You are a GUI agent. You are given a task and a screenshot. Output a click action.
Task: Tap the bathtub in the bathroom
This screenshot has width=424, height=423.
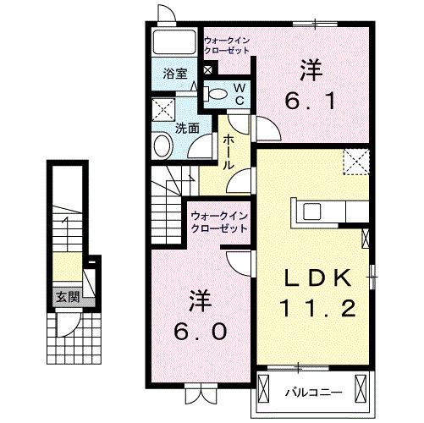[x=174, y=45]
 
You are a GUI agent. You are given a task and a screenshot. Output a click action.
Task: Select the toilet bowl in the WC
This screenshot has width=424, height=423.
[x=216, y=95]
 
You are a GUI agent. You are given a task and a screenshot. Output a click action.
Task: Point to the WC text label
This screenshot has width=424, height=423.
[x=239, y=93]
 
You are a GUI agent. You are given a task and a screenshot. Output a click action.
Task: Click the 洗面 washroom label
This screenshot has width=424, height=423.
[x=187, y=129]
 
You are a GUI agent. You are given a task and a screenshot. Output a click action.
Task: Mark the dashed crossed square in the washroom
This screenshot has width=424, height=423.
[x=162, y=110]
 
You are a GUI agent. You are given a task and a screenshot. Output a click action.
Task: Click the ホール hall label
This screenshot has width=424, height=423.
[x=228, y=153]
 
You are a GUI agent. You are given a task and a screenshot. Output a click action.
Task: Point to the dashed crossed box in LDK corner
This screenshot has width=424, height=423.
[x=355, y=161]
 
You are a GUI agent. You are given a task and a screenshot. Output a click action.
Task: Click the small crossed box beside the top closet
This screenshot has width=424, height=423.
[x=209, y=70]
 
